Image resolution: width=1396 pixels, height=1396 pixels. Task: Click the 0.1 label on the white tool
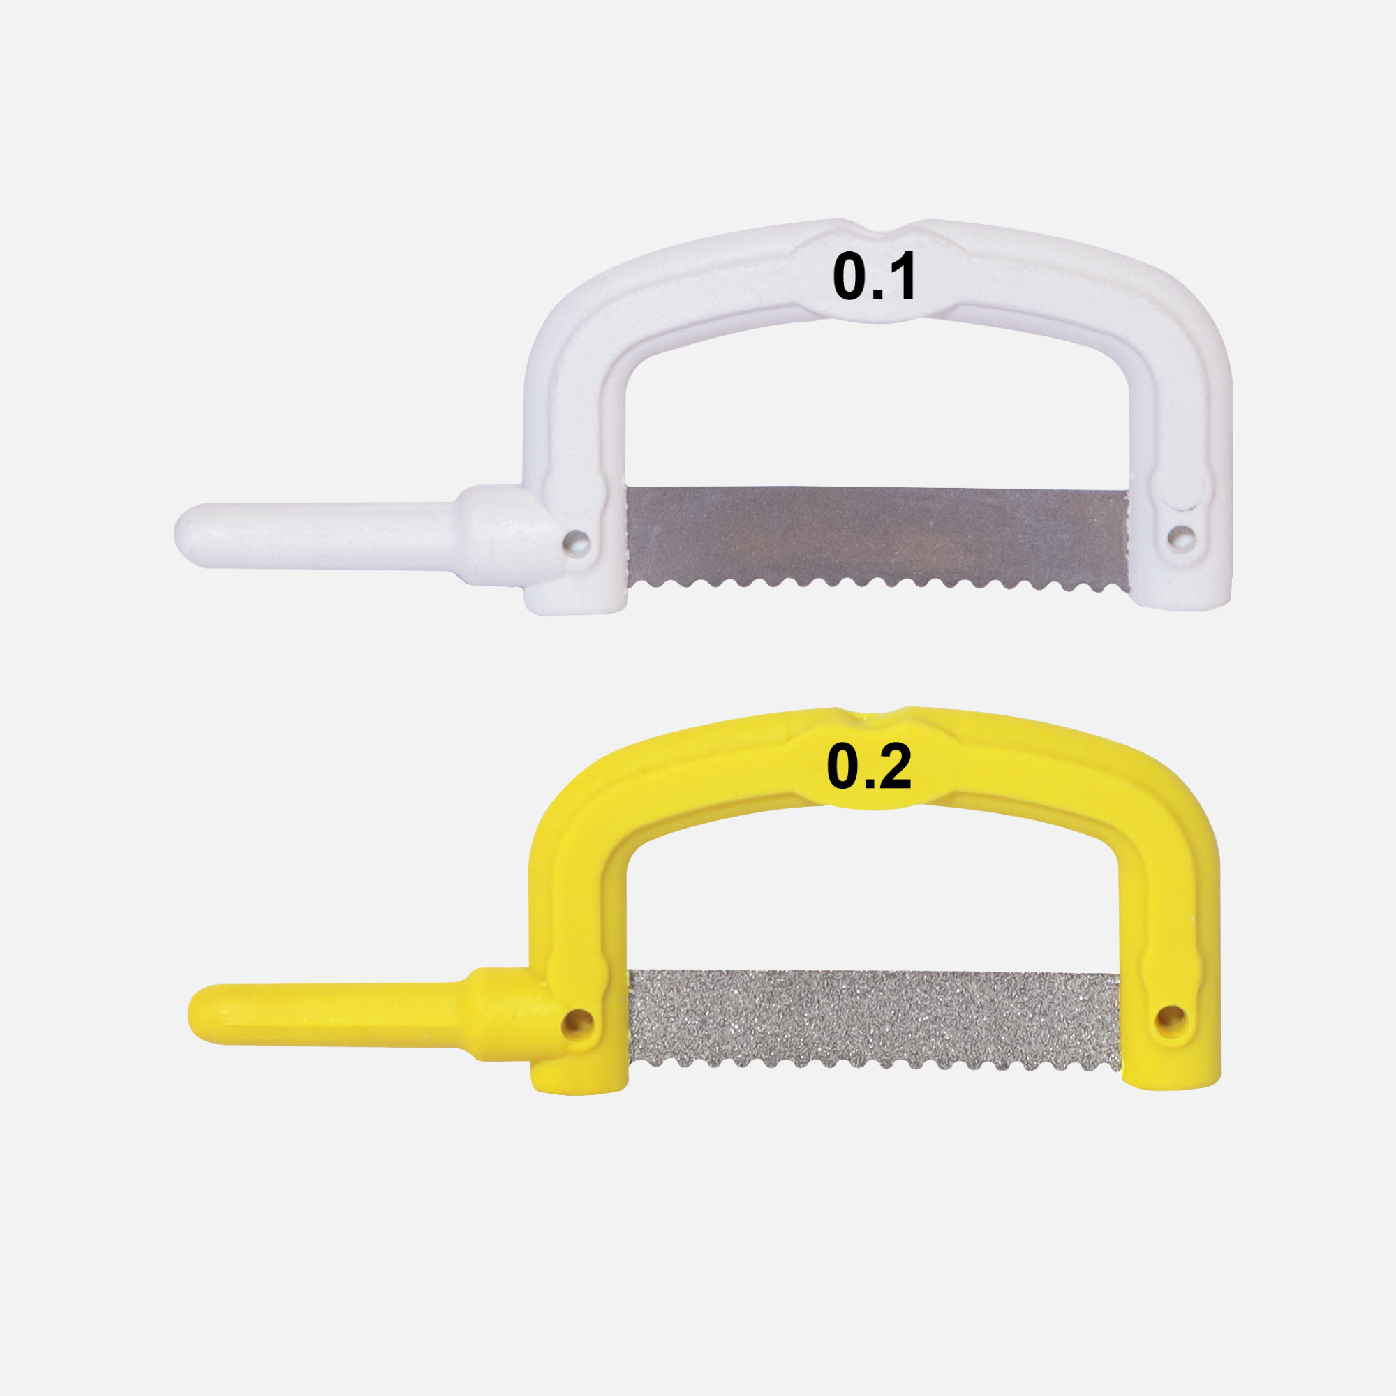pyautogui.click(x=875, y=276)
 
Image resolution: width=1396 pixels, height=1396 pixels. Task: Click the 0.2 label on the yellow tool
pyautogui.click(x=869, y=766)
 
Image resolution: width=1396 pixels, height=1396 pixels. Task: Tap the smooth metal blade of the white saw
pyautogui.click(x=877, y=537)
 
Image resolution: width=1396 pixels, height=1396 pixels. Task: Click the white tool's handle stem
pyautogui.click(x=318, y=535)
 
